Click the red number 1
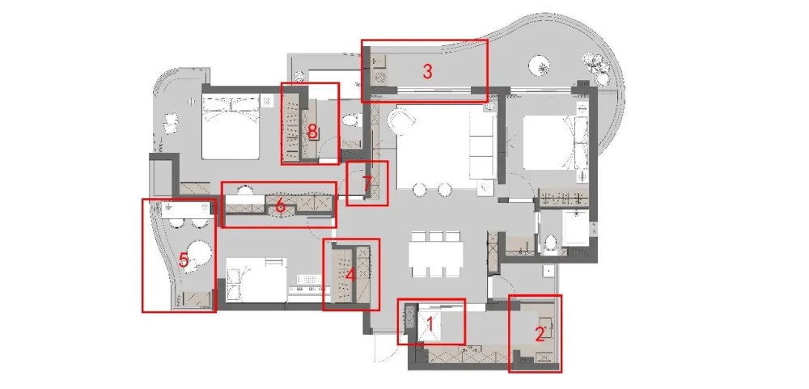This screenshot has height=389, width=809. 430,325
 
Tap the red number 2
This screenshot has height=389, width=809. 540,335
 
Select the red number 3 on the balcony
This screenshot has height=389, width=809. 427,72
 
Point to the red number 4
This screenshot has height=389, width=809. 351,275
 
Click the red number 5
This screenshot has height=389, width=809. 184,260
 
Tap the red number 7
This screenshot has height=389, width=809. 366,183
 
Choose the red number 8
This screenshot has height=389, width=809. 312,132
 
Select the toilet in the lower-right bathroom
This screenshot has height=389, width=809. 550,244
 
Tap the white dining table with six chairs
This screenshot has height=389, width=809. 436,253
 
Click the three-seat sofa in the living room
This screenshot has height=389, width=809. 483,146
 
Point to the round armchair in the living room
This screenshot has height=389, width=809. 402,120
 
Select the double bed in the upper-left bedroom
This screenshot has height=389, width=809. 230,128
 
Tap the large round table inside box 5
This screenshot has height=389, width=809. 199,254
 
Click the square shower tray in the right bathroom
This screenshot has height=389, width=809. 576,227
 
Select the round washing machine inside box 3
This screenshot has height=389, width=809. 381,78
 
